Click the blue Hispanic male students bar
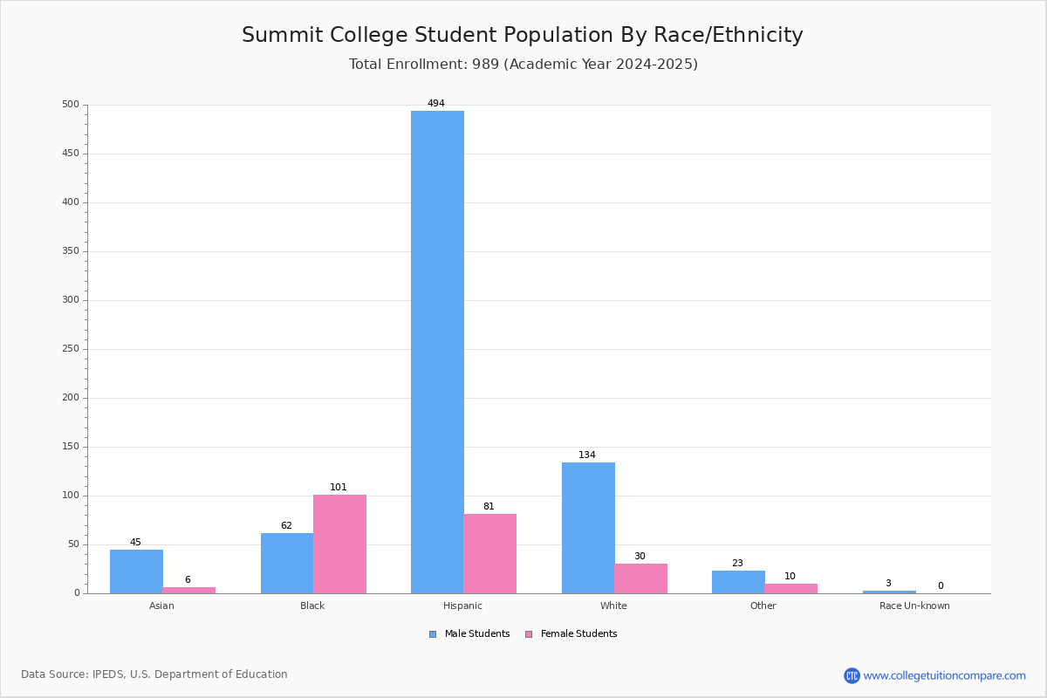437,352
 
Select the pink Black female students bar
339,544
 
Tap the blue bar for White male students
588,528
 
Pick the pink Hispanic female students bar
489,554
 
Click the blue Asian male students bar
136,571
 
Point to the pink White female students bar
640,578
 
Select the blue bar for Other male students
738,582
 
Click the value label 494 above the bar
436,103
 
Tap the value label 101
339,487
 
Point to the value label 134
587,455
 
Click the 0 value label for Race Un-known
941,585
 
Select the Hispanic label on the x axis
462,606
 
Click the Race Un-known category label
914,606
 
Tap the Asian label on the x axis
161,606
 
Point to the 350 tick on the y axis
71,251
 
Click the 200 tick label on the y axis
71,398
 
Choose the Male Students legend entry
469,634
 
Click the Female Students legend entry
571,634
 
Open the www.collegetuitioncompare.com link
944,675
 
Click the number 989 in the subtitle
486,64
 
